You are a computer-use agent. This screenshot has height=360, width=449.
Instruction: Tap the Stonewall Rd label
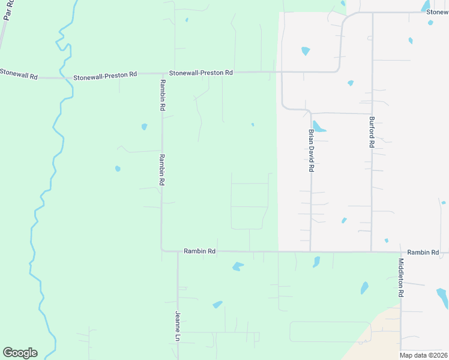pyautogui.click(x=19, y=76)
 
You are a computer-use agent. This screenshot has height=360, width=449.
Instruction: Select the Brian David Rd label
pyautogui.click(x=311, y=151)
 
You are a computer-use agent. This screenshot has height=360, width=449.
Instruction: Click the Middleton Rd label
pyautogui.click(x=401, y=278)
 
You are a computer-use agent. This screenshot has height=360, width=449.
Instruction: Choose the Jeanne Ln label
pyautogui.click(x=178, y=326)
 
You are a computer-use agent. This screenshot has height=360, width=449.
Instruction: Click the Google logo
pyautogui.click(x=20, y=353)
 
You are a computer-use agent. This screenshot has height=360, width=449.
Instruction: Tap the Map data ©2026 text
pyautogui.click(x=423, y=355)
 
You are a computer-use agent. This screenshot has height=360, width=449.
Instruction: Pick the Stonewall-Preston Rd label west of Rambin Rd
pyautogui.click(x=105, y=76)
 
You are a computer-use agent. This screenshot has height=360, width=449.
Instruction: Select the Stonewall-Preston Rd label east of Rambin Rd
pyautogui.click(x=200, y=73)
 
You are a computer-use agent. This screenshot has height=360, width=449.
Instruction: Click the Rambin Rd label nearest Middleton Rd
pyautogui.click(x=423, y=253)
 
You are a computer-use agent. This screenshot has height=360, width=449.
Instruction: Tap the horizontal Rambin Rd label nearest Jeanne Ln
pyautogui.click(x=199, y=251)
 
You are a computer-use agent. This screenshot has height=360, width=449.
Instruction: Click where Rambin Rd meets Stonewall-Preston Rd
pyautogui.click(x=161, y=74)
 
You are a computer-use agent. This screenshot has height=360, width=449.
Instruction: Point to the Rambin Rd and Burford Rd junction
pyautogui.click(x=372, y=251)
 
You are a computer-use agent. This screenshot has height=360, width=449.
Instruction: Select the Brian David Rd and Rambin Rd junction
pyautogui.click(x=310, y=251)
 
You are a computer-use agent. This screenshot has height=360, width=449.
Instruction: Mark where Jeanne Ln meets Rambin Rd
pyautogui.click(x=178, y=251)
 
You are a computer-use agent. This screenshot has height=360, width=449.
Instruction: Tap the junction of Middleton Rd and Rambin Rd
pyautogui.click(x=400, y=252)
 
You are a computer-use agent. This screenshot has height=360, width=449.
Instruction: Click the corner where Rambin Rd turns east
pyautogui.click(x=162, y=250)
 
